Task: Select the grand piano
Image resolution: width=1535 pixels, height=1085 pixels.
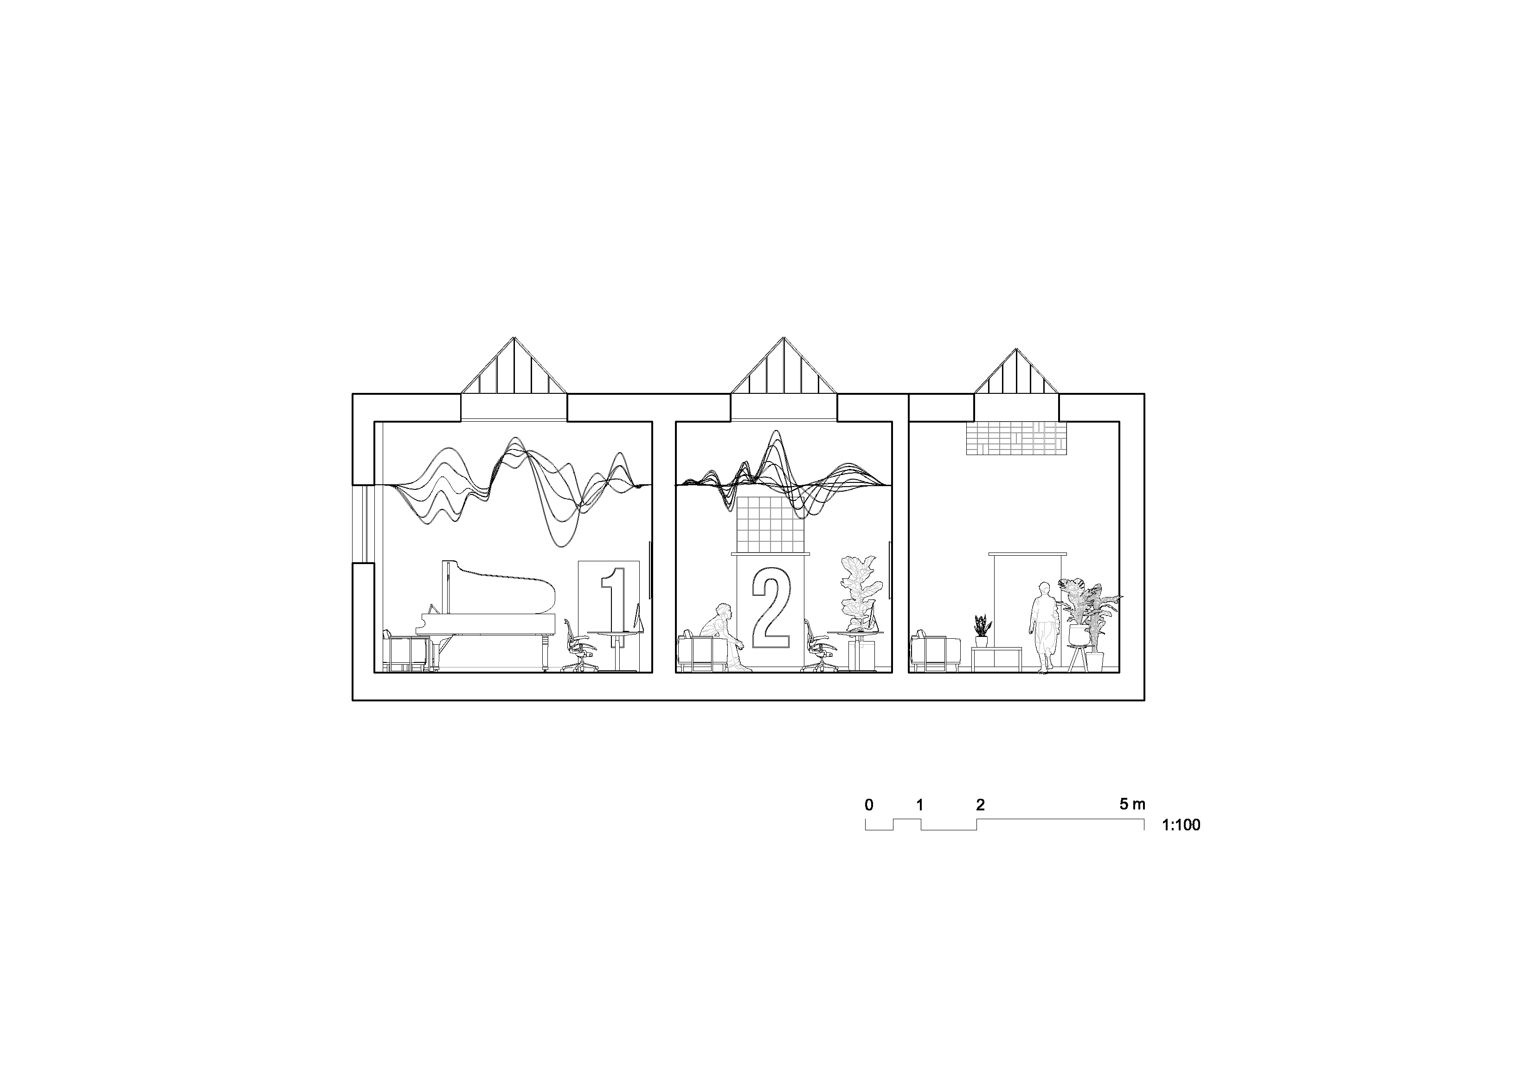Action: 487,616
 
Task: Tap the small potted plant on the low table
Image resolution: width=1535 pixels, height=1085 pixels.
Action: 981,631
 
